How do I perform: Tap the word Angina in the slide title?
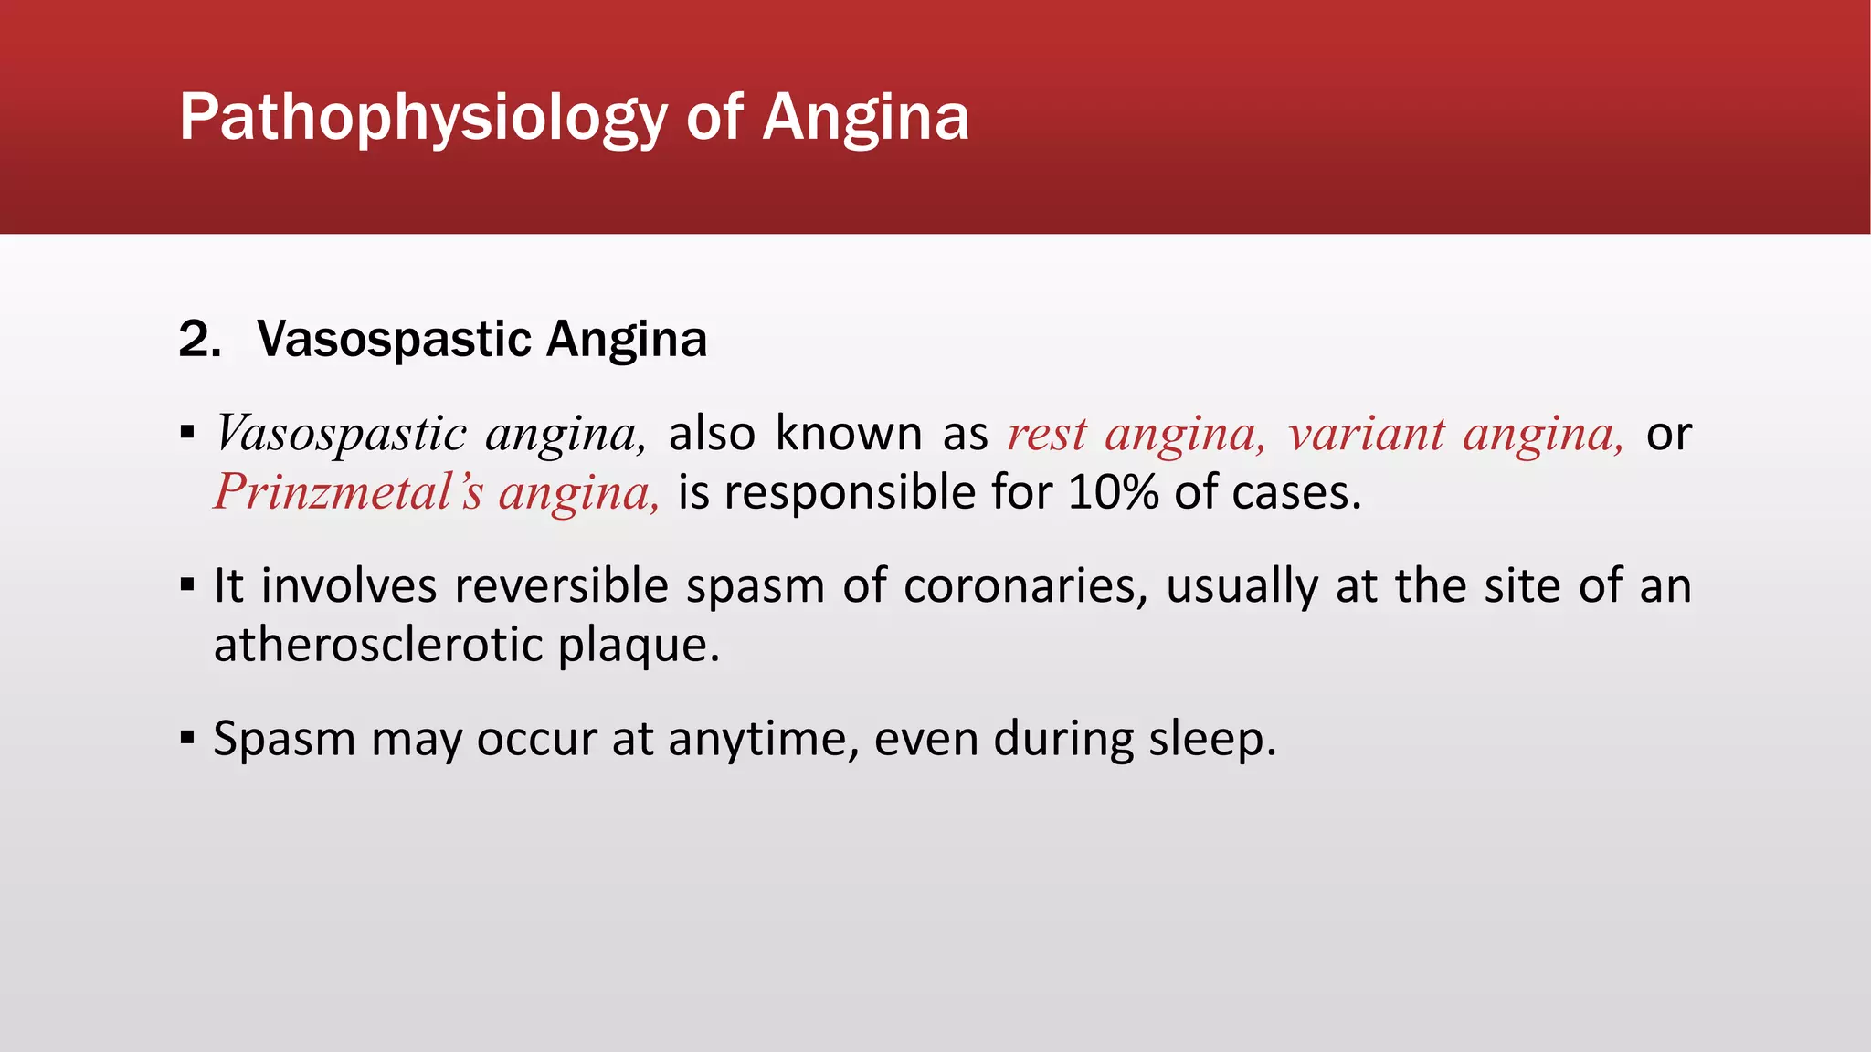click(x=865, y=119)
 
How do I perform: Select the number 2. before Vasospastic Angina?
click(x=200, y=340)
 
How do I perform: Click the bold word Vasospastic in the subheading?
click(x=395, y=340)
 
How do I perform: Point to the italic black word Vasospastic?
click(x=341, y=434)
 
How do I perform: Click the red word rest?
click(x=1047, y=434)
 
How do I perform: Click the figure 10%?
click(x=1114, y=493)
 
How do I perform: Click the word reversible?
click(x=562, y=585)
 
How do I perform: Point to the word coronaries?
click(x=1026, y=585)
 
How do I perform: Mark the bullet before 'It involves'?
click(x=188, y=584)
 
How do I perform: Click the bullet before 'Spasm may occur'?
click(x=188, y=737)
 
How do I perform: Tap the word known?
click(x=849, y=434)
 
